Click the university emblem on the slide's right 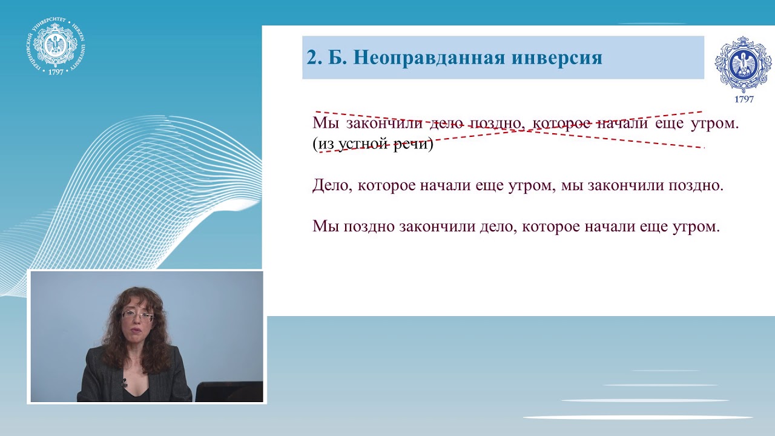tap(744, 64)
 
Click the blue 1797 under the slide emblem tap(744, 99)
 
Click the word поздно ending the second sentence tap(695, 185)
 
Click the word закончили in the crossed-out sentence tap(384, 124)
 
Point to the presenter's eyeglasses tap(137, 315)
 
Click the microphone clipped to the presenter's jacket tap(124, 383)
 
